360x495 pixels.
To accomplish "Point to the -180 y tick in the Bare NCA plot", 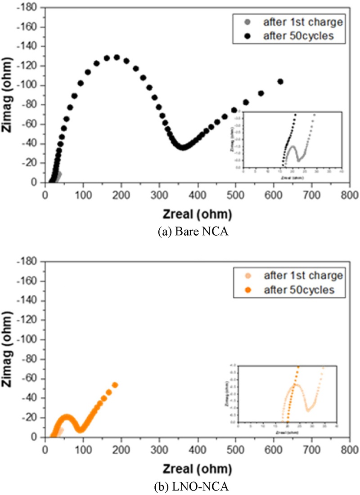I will click(32, 8).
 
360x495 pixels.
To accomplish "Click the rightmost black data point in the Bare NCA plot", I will click(280, 81).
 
